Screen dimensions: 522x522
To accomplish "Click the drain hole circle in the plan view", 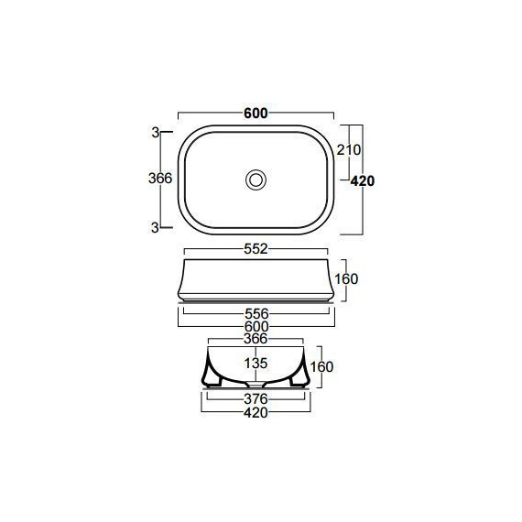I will [x=256, y=179].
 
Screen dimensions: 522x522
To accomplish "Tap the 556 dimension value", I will [x=256, y=312].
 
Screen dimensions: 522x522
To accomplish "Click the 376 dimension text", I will [x=256, y=398].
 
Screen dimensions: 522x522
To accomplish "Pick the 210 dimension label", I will [x=350, y=149].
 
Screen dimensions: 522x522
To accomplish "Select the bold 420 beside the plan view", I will [x=363, y=181].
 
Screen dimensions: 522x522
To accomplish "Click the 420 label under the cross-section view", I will [x=256, y=413].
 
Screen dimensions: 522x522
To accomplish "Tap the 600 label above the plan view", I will [x=256, y=114].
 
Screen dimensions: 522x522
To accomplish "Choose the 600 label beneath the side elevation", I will [x=256, y=327].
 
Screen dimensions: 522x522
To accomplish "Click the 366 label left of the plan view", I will [x=160, y=179].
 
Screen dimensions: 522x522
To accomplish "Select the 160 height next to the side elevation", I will [x=344, y=278].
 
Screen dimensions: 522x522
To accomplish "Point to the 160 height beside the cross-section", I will [x=321, y=366].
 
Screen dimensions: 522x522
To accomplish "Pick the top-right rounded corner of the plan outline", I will [x=321, y=137].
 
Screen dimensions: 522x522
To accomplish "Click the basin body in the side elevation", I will [x=256, y=279].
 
